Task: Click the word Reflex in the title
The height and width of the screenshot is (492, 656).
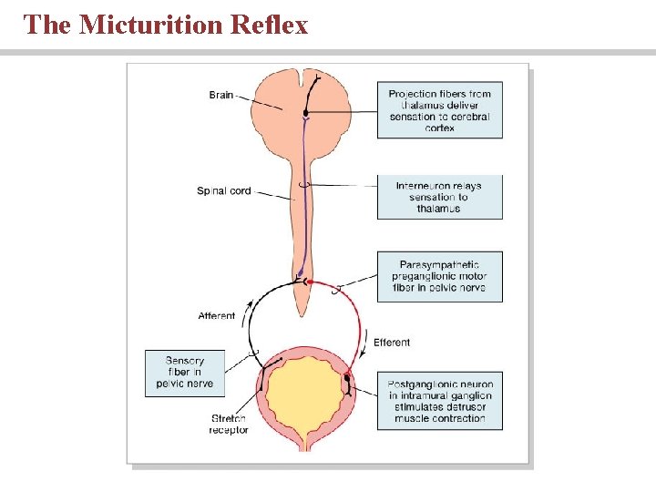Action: [x=270, y=25]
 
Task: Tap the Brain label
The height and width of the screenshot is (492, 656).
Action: [x=221, y=95]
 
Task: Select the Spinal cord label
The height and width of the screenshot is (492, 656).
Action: [x=223, y=191]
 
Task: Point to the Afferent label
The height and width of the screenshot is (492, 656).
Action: [x=217, y=316]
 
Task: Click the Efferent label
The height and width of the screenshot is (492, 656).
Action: [x=392, y=343]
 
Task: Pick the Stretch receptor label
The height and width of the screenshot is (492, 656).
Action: [x=228, y=424]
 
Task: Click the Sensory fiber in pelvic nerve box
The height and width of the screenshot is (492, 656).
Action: [x=185, y=373]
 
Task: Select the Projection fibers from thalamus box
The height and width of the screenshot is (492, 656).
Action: [x=439, y=111]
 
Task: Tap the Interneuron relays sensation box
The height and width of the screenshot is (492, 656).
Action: [x=439, y=197]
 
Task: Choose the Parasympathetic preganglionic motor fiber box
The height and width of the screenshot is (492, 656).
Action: [x=439, y=276]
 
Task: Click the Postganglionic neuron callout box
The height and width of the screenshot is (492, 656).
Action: [x=439, y=401]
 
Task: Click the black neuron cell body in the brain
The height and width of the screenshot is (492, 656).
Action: [x=307, y=114]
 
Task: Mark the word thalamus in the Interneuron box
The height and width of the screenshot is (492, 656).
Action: [x=439, y=209]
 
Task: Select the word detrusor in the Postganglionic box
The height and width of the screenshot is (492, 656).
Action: [x=456, y=406]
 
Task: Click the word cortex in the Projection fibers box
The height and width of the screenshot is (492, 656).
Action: [x=439, y=128]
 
